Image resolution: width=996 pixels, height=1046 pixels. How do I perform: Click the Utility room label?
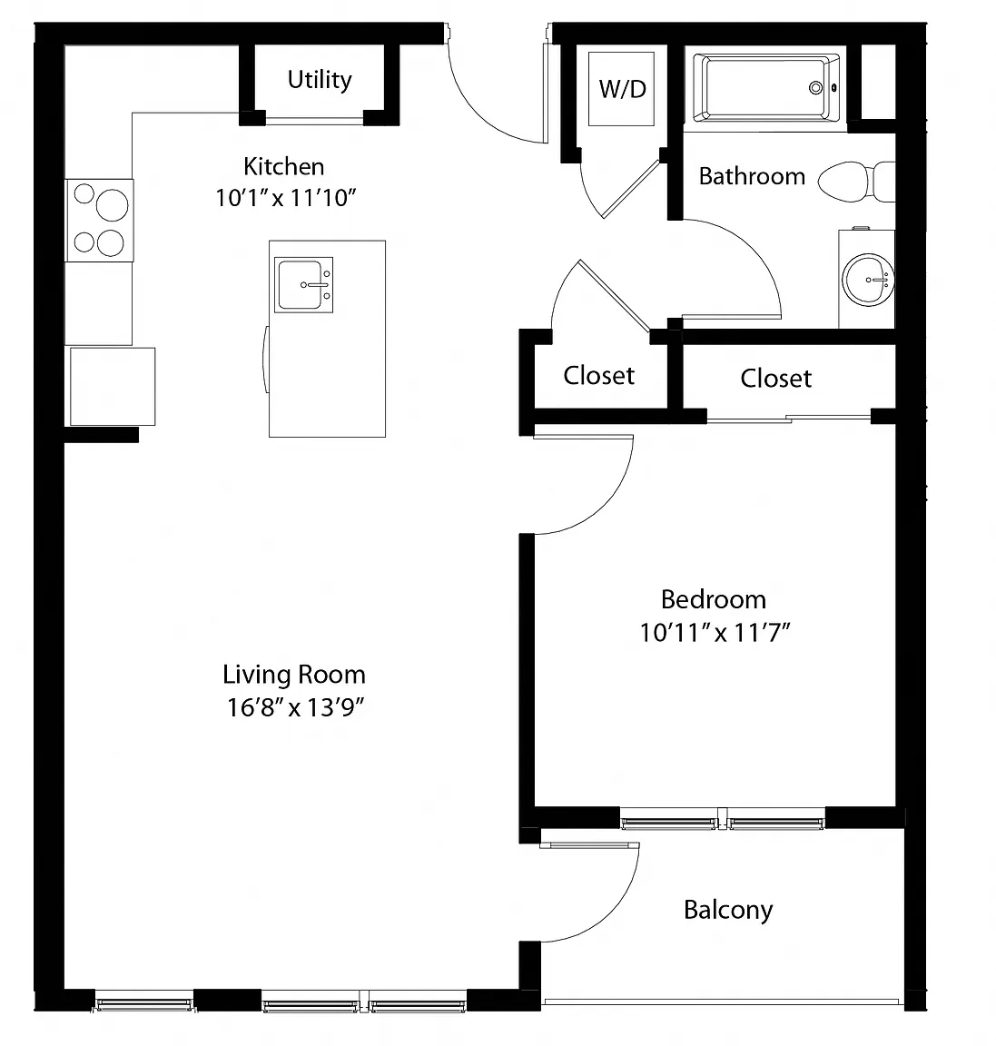coord(320,80)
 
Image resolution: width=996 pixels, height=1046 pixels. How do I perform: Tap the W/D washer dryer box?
coord(621,89)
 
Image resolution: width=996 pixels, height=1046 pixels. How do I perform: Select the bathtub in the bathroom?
coord(766,88)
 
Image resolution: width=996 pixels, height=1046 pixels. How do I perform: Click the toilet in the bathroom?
coord(856,182)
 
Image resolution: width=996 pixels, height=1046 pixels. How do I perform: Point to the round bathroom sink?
coord(867,280)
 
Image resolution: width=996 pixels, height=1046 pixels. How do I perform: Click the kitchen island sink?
coord(303,285)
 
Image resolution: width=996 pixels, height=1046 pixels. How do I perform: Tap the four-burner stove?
coord(99,220)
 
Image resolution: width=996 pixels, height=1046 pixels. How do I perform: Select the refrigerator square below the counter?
coord(113,386)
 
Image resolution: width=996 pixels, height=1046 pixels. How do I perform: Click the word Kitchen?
coord(283,166)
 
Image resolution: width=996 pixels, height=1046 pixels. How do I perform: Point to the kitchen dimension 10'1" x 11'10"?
coord(285,198)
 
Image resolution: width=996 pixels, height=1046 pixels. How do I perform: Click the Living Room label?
coord(294,675)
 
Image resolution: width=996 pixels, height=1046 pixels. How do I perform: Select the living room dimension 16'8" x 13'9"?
coord(295,707)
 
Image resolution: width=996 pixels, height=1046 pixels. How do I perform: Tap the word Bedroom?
coord(713,599)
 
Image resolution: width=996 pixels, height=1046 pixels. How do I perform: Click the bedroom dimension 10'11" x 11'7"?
coord(715,632)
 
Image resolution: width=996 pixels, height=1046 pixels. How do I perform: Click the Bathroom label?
coord(752,176)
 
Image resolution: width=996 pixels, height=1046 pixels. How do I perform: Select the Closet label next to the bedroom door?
coord(598,376)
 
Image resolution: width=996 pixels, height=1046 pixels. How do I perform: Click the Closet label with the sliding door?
coord(776,379)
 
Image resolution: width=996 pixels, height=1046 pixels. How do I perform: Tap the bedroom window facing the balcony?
coord(723,818)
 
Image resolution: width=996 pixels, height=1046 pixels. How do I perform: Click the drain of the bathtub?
coord(815,87)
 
